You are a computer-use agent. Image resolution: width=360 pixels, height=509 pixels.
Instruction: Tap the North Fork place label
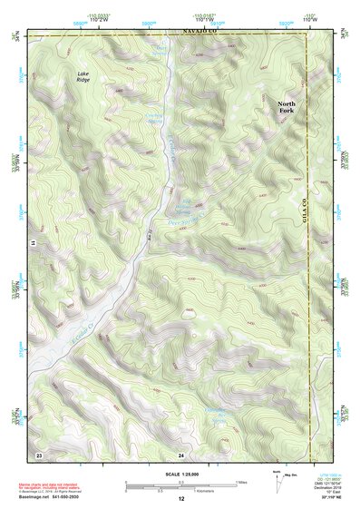coord(287,108)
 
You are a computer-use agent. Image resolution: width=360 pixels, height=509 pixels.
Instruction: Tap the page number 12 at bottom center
coord(181,499)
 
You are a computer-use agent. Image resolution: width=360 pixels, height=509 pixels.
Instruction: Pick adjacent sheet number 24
coord(181,452)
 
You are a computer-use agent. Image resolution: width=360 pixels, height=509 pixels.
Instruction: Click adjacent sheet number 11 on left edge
coord(31,244)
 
